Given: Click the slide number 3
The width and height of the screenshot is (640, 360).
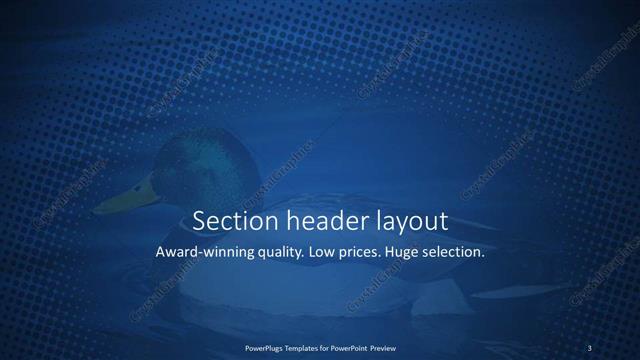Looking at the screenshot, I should click(590, 348).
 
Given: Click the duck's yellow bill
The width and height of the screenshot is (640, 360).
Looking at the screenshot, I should click(125, 196).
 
